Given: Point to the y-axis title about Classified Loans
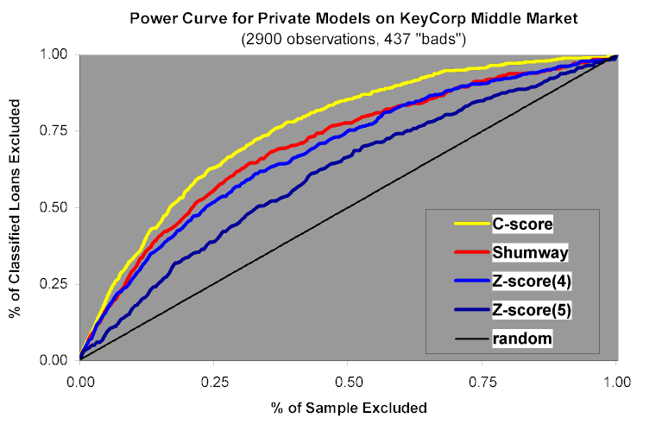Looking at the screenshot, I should click(16, 207).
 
